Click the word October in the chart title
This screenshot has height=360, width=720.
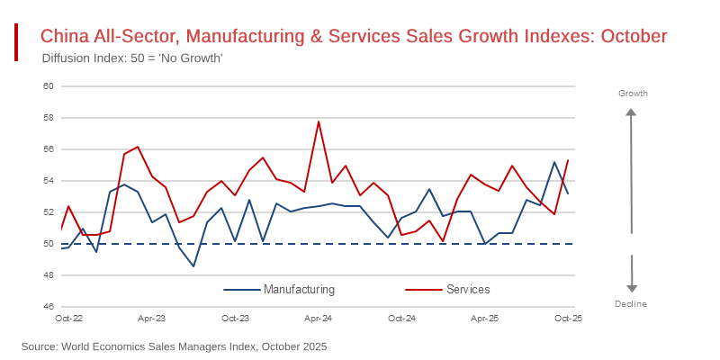634,36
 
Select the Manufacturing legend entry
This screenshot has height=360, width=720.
299,289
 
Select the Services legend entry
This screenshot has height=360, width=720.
468,289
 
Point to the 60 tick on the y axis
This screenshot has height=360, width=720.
49,86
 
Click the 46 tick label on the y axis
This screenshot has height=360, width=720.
49,307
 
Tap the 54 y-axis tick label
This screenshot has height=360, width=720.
49,181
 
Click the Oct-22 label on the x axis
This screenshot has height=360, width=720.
68,319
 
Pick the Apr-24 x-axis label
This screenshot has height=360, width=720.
319,319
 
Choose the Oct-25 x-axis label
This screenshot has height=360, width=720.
568,319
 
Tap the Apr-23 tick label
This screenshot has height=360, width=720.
151,319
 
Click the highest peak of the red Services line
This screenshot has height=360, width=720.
319,121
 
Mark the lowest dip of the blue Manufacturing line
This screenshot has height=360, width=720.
193,266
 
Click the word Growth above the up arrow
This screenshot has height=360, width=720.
633,94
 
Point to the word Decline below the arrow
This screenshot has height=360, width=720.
631,304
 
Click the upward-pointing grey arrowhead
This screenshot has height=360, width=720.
632,113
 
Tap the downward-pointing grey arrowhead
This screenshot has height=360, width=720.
632,288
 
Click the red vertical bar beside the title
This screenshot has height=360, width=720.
16,42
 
